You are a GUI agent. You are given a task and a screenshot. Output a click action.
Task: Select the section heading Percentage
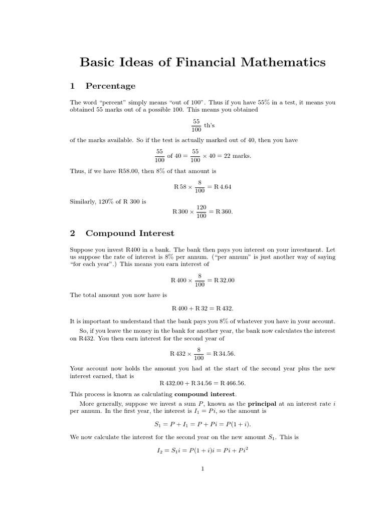(x=110, y=86)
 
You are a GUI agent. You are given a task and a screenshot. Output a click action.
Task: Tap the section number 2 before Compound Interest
(x=73, y=233)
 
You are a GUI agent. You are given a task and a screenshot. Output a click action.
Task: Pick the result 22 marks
(x=238, y=156)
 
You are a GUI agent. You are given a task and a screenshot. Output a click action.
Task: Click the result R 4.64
(x=222, y=186)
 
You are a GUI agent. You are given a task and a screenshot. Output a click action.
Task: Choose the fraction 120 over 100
(x=201, y=211)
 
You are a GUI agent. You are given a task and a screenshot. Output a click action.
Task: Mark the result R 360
(x=223, y=211)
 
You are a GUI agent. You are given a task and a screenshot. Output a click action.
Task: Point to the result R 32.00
(x=224, y=280)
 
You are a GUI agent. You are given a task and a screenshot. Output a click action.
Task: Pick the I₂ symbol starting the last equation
(x=160, y=451)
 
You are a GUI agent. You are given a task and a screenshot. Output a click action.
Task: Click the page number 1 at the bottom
(x=203, y=469)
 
